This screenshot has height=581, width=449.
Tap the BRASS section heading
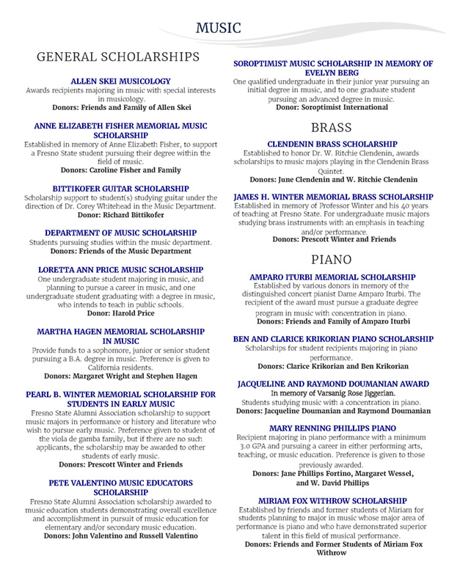click(332, 126)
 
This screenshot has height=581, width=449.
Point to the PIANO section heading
click(332, 259)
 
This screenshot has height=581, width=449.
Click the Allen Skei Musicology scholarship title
click(120, 80)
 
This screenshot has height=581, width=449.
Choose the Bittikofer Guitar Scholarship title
click(120, 189)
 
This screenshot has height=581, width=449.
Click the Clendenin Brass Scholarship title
click(332, 144)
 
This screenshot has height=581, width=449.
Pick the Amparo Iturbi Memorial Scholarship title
click(332, 277)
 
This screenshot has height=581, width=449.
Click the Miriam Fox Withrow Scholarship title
click(332, 500)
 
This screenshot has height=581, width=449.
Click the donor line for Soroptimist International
click(332, 107)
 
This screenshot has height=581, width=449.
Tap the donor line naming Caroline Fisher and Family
click(120, 170)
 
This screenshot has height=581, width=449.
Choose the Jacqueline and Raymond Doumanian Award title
click(332, 383)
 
